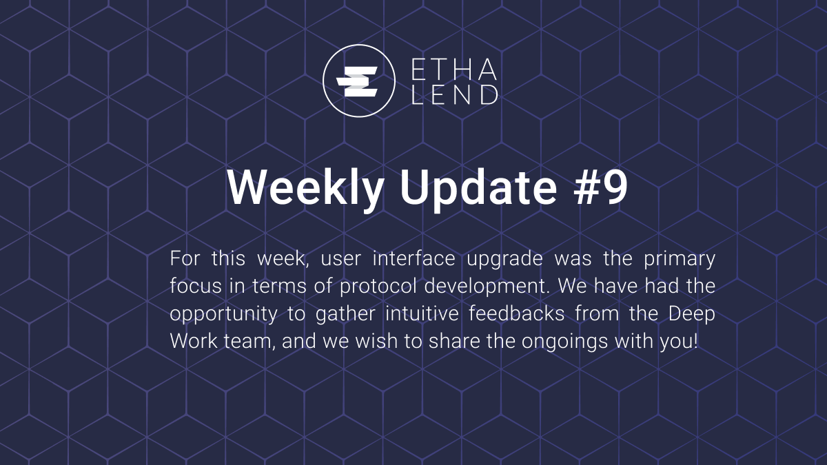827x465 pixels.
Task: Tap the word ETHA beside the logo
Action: (453, 69)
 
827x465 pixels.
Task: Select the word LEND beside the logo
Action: (453, 94)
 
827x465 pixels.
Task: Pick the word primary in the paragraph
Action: (679, 260)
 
